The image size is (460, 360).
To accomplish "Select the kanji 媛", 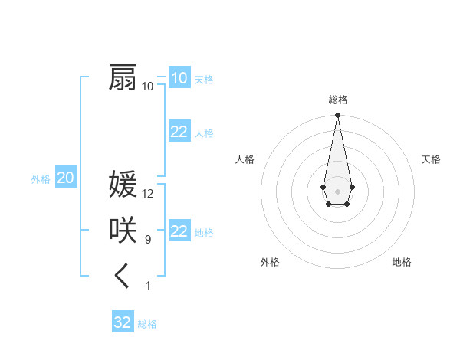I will [123, 185].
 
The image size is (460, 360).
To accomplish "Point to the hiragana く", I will [123, 277].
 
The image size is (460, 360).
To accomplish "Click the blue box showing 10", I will [179, 77].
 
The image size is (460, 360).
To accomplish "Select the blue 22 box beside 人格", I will [179, 132].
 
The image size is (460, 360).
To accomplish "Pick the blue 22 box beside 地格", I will [179, 231].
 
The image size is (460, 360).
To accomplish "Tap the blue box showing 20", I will [66, 178].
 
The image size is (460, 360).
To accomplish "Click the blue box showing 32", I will [123, 322].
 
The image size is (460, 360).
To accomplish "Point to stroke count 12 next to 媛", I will [148, 194].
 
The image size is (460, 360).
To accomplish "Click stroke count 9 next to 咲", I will [148, 240].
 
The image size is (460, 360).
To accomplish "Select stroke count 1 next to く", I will [148, 286].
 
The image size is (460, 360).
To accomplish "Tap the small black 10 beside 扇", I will [147, 87].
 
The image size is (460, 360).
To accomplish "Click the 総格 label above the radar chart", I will [337, 100].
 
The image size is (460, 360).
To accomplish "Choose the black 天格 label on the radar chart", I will [431, 159].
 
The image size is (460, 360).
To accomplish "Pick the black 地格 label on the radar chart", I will [402, 262].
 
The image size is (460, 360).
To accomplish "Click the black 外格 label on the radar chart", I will [270, 262].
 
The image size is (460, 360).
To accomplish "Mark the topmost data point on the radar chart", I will [337, 116].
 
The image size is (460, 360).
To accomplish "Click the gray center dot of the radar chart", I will [337, 190].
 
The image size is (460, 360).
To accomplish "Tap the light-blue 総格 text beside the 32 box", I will [147, 324].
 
